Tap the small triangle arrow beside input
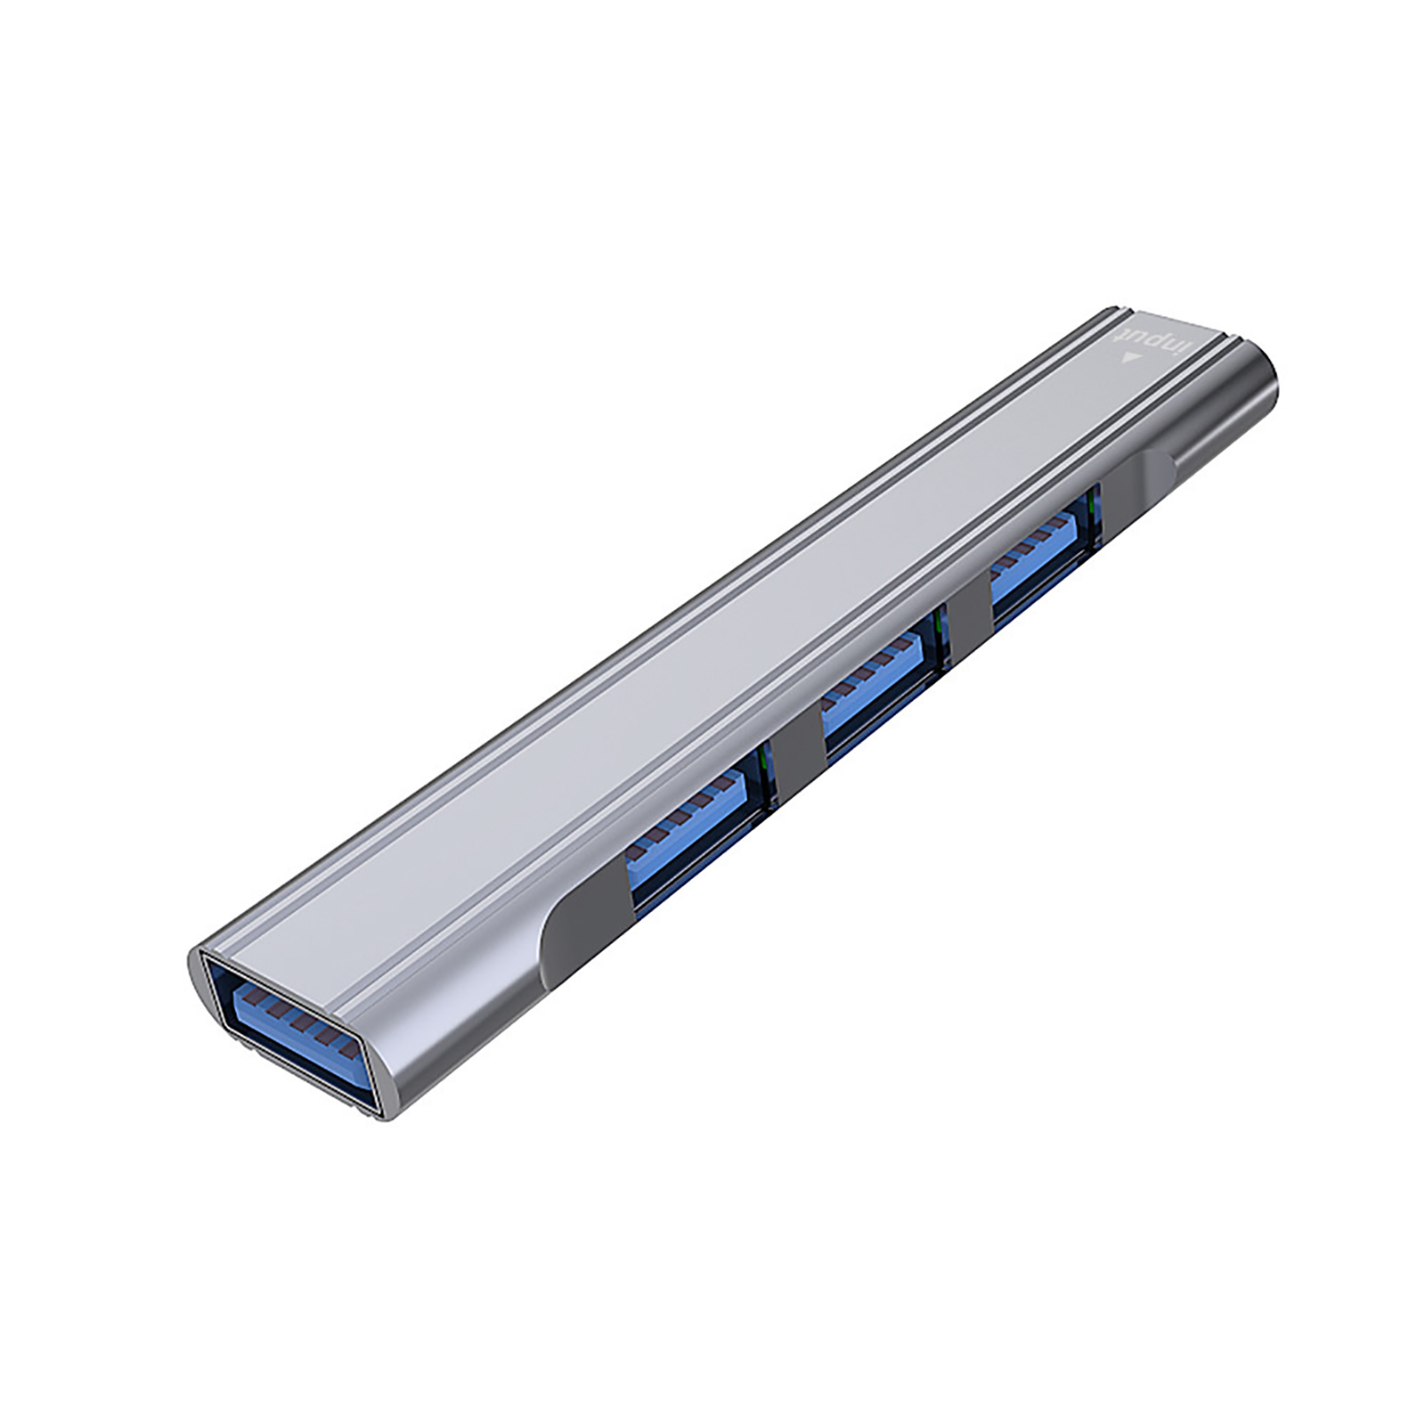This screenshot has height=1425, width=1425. (x=1131, y=359)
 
